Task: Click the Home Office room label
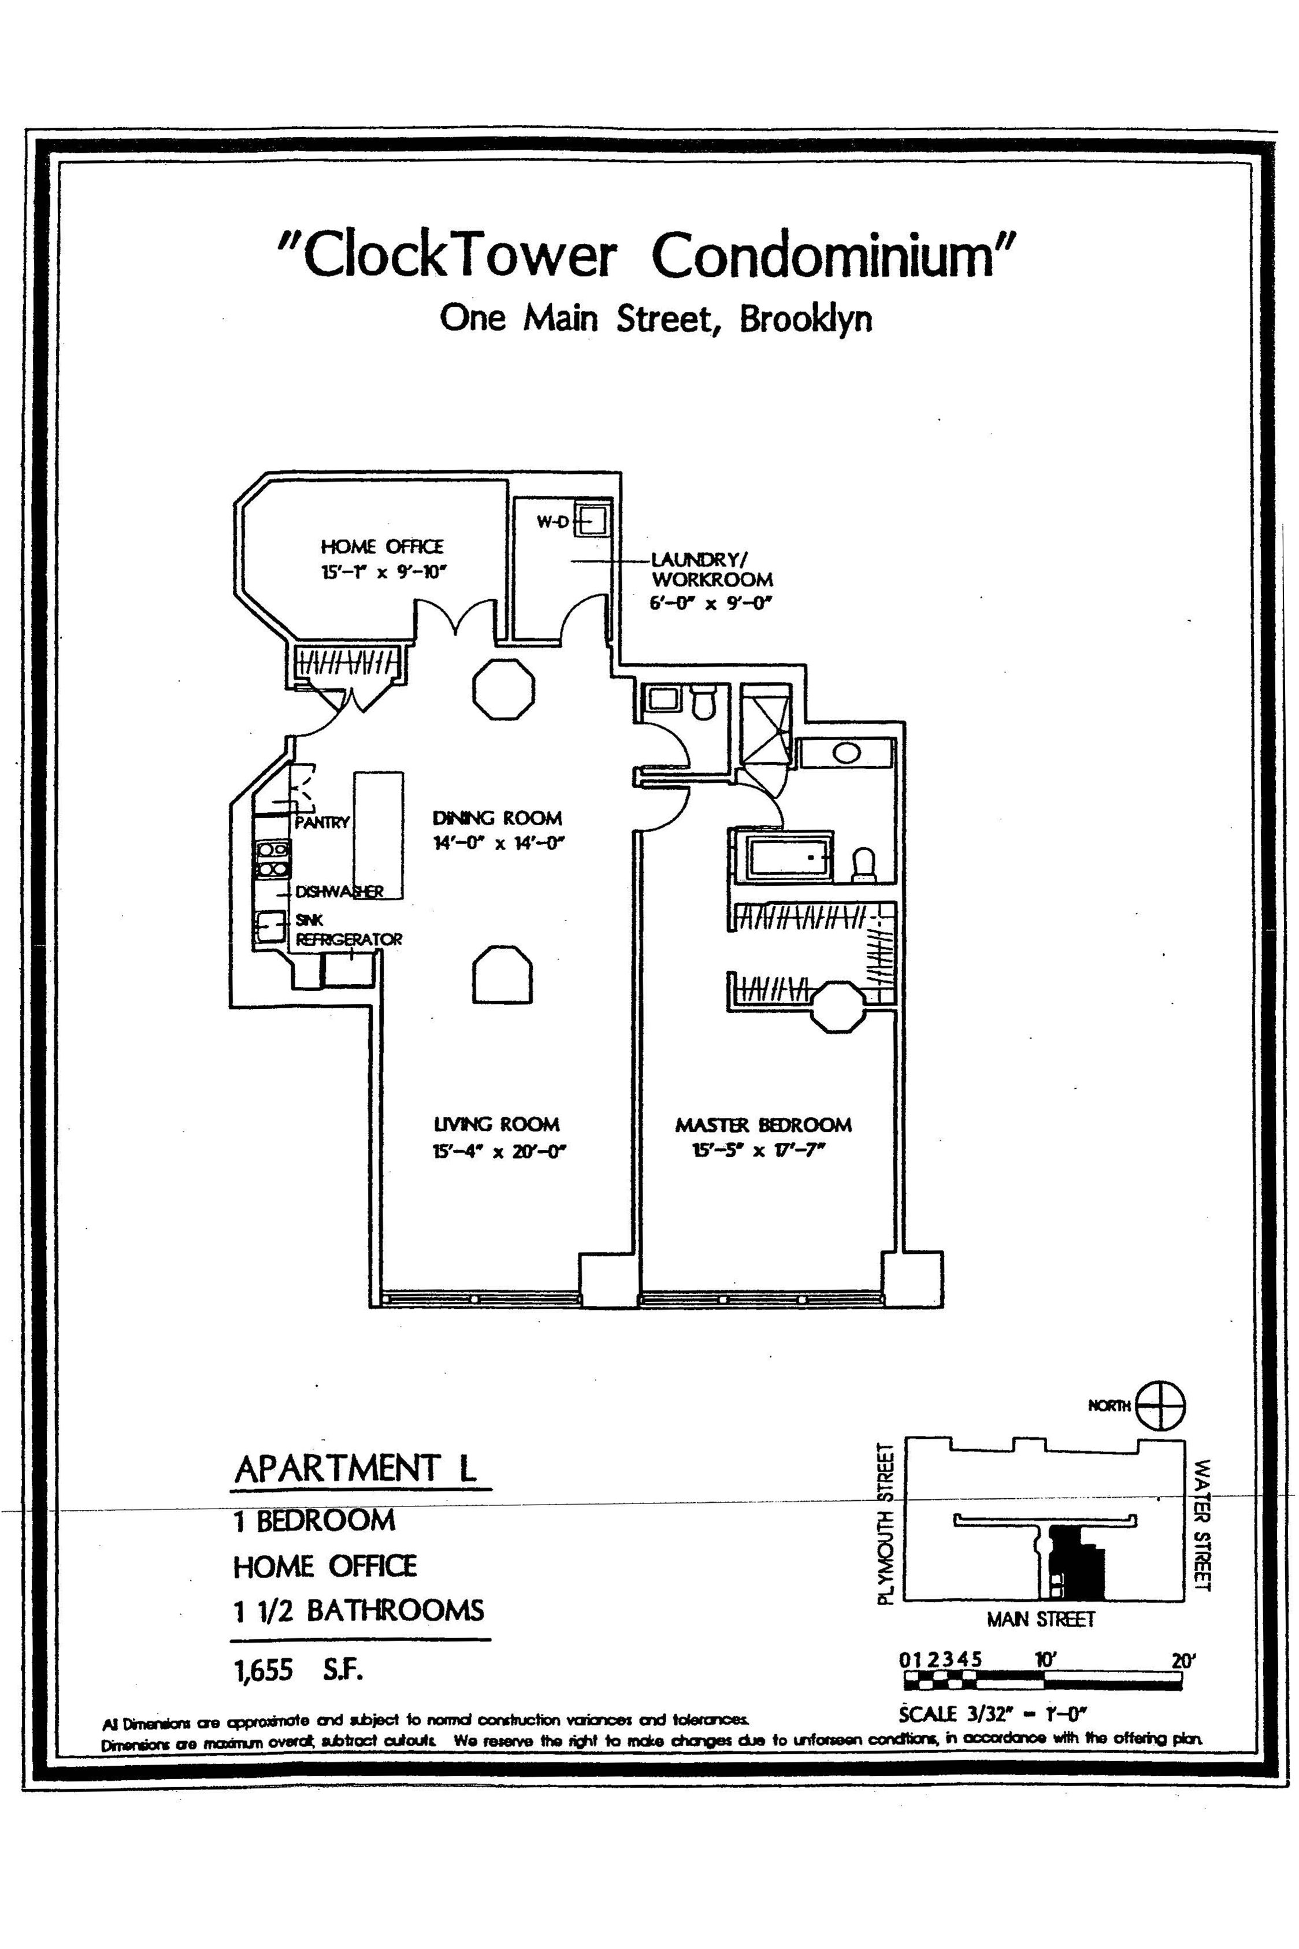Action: point(382,547)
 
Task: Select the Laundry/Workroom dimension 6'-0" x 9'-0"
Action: point(710,603)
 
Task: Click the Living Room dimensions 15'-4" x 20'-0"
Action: point(499,1152)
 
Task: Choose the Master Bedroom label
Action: point(763,1125)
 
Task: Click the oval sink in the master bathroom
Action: point(845,753)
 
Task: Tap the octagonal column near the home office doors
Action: point(504,688)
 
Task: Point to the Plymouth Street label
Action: point(886,1524)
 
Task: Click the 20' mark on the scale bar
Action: point(1183,1660)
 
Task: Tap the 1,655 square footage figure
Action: point(264,1670)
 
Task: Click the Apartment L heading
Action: point(356,1469)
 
